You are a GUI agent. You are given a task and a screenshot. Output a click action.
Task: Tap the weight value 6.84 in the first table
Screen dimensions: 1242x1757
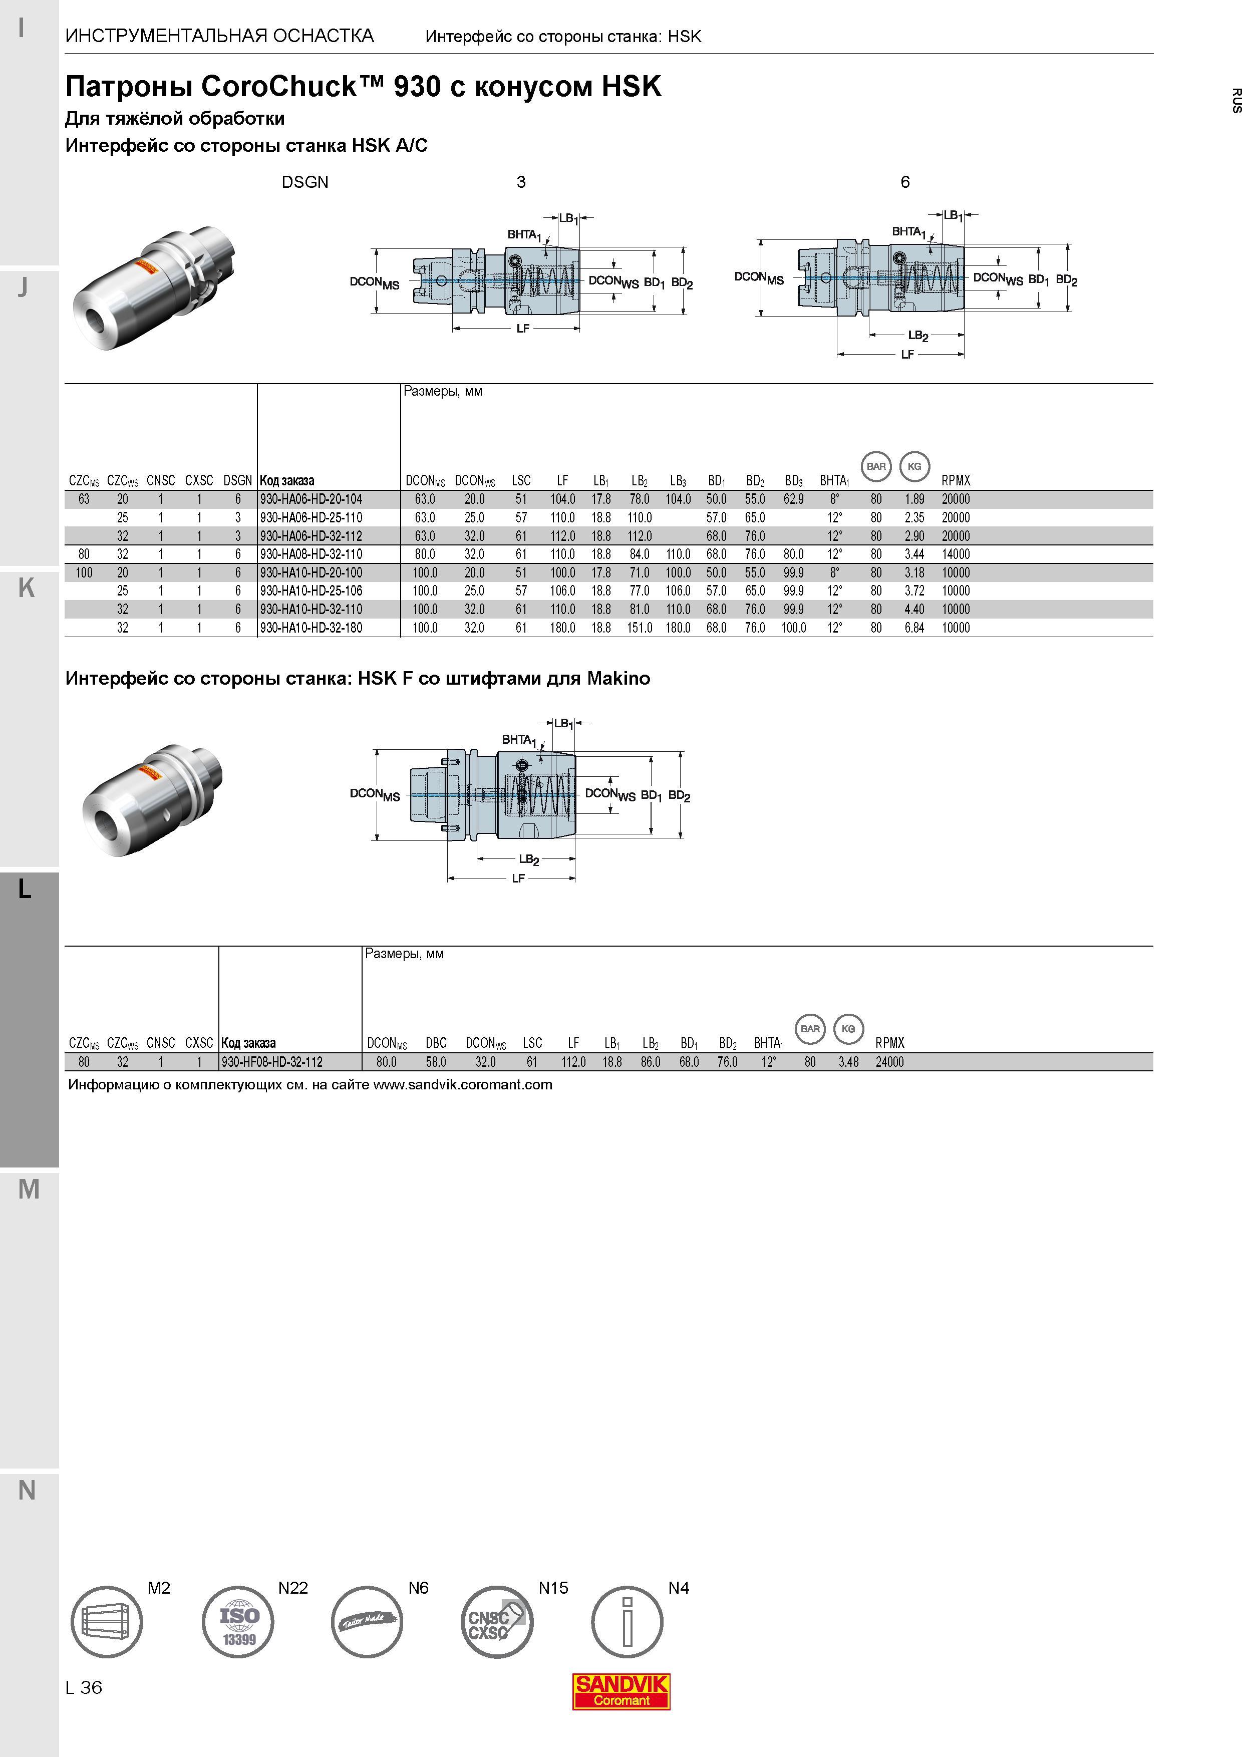[914, 628]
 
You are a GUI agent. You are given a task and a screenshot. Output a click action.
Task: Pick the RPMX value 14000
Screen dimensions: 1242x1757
[956, 554]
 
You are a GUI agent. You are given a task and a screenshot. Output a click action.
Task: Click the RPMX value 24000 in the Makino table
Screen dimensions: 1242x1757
[890, 1062]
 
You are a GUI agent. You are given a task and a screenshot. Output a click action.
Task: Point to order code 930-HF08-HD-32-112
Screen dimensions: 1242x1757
[271, 1062]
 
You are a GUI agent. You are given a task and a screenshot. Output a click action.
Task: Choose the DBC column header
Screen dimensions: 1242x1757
[436, 1043]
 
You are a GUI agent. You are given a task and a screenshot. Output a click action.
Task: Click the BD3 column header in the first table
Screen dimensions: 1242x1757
[794, 481]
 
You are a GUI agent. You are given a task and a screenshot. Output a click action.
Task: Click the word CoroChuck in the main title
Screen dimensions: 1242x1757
[279, 87]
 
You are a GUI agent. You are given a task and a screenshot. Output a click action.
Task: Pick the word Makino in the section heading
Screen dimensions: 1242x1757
[618, 678]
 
